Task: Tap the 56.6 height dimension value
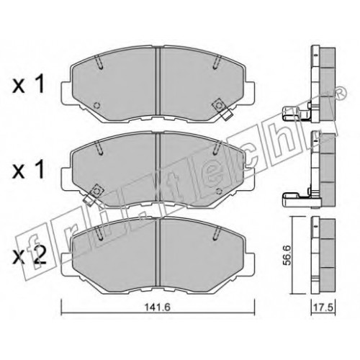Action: point(287,255)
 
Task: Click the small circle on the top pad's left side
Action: point(96,105)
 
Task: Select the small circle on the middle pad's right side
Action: point(219,191)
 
